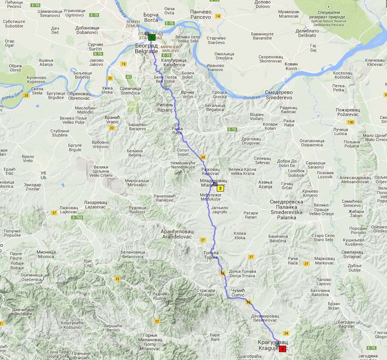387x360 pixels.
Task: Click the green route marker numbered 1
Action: (x=151, y=37)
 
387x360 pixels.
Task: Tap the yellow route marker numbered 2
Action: (x=220, y=188)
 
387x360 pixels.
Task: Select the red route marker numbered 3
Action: (x=282, y=349)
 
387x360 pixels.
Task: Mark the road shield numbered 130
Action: (x=351, y=122)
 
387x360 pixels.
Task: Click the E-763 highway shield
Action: (x=77, y=217)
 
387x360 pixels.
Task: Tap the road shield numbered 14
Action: (x=218, y=16)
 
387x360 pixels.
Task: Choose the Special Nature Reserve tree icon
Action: (x=329, y=7)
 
